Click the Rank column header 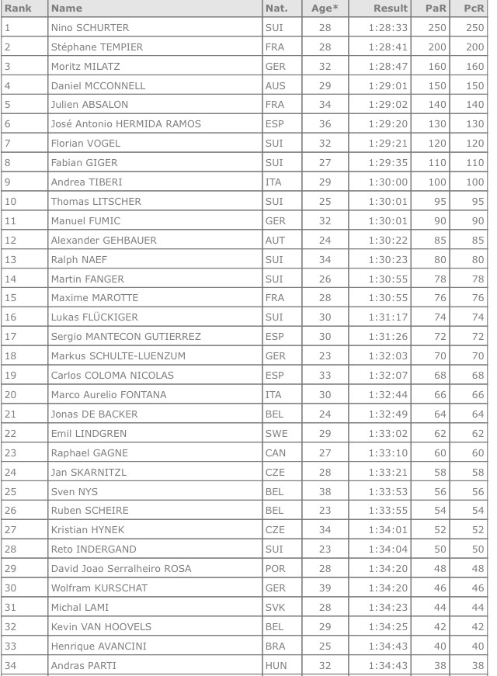[18, 9]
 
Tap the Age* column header [325, 9]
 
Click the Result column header [390, 9]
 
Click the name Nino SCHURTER [90, 28]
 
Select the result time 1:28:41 [388, 47]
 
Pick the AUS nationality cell [275, 85]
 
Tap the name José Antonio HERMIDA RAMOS [126, 124]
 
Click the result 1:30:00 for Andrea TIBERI [388, 182]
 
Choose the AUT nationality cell [275, 241]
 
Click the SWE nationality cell [276, 433]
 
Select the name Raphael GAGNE [89, 452]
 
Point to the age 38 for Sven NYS [325, 491]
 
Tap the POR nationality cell [275, 569]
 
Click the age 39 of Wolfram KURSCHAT [325, 588]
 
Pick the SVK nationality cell [275, 607]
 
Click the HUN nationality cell [276, 665]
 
